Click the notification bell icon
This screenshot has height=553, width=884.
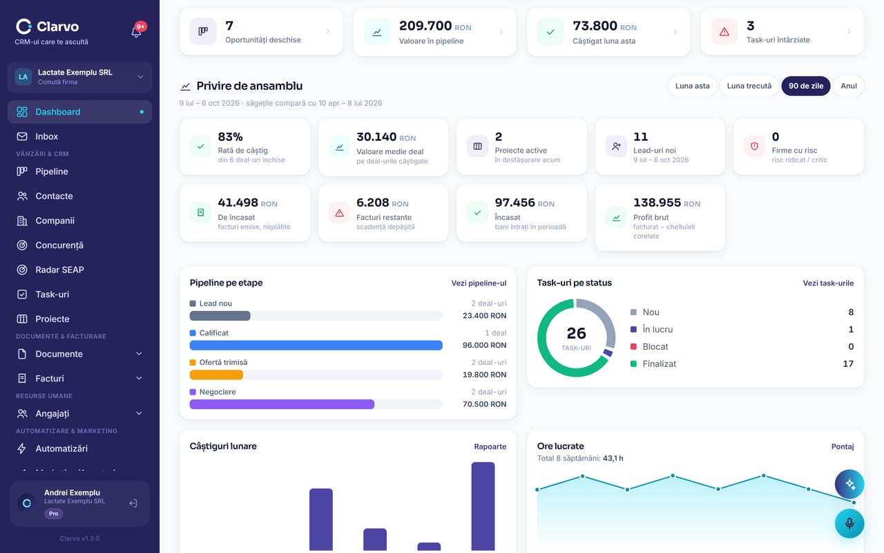click(136, 31)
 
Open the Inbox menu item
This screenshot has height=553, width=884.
click(46, 136)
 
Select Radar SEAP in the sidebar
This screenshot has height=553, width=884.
click(59, 270)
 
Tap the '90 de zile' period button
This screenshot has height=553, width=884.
click(805, 86)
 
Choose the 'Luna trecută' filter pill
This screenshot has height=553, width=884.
click(749, 86)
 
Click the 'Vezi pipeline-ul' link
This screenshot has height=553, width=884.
click(479, 283)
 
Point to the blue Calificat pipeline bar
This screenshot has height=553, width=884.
click(316, 345)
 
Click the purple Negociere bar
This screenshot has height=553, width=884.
click(282, 404)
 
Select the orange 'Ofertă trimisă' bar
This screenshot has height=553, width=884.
click(216, 375)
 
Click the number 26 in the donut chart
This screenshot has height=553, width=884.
click(576, 333)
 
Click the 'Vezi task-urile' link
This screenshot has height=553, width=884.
click(828, 283)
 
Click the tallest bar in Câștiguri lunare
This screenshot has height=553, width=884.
click(483, 506)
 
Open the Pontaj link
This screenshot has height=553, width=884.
click(842, 447)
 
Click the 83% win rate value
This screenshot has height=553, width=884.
click(230, 137)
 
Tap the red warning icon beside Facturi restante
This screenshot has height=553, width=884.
click(339, 214)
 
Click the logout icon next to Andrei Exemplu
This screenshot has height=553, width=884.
click(133, 503)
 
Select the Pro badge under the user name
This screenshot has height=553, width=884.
click(53, 514)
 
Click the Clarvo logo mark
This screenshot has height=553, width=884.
click(23, 26)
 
